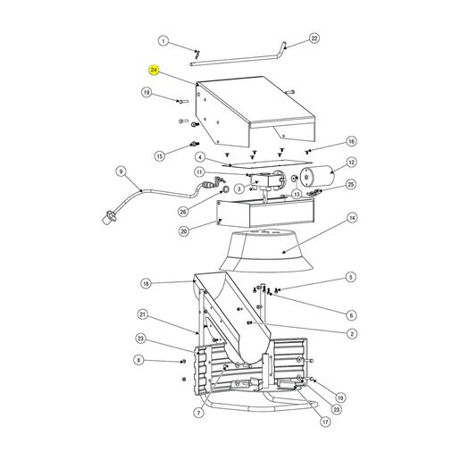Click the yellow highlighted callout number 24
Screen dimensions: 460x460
point(154,71)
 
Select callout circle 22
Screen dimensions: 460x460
point(314,38)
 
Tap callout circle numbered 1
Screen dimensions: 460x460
point(163,41)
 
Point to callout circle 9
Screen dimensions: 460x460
point(121,171)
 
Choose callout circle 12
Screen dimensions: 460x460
point(352,163)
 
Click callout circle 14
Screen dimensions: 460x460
point(352,218)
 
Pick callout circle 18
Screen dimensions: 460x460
point(146,283)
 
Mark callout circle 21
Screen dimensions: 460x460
point(143,314)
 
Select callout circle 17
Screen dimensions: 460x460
point(325,422)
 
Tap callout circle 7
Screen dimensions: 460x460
point(199,413)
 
